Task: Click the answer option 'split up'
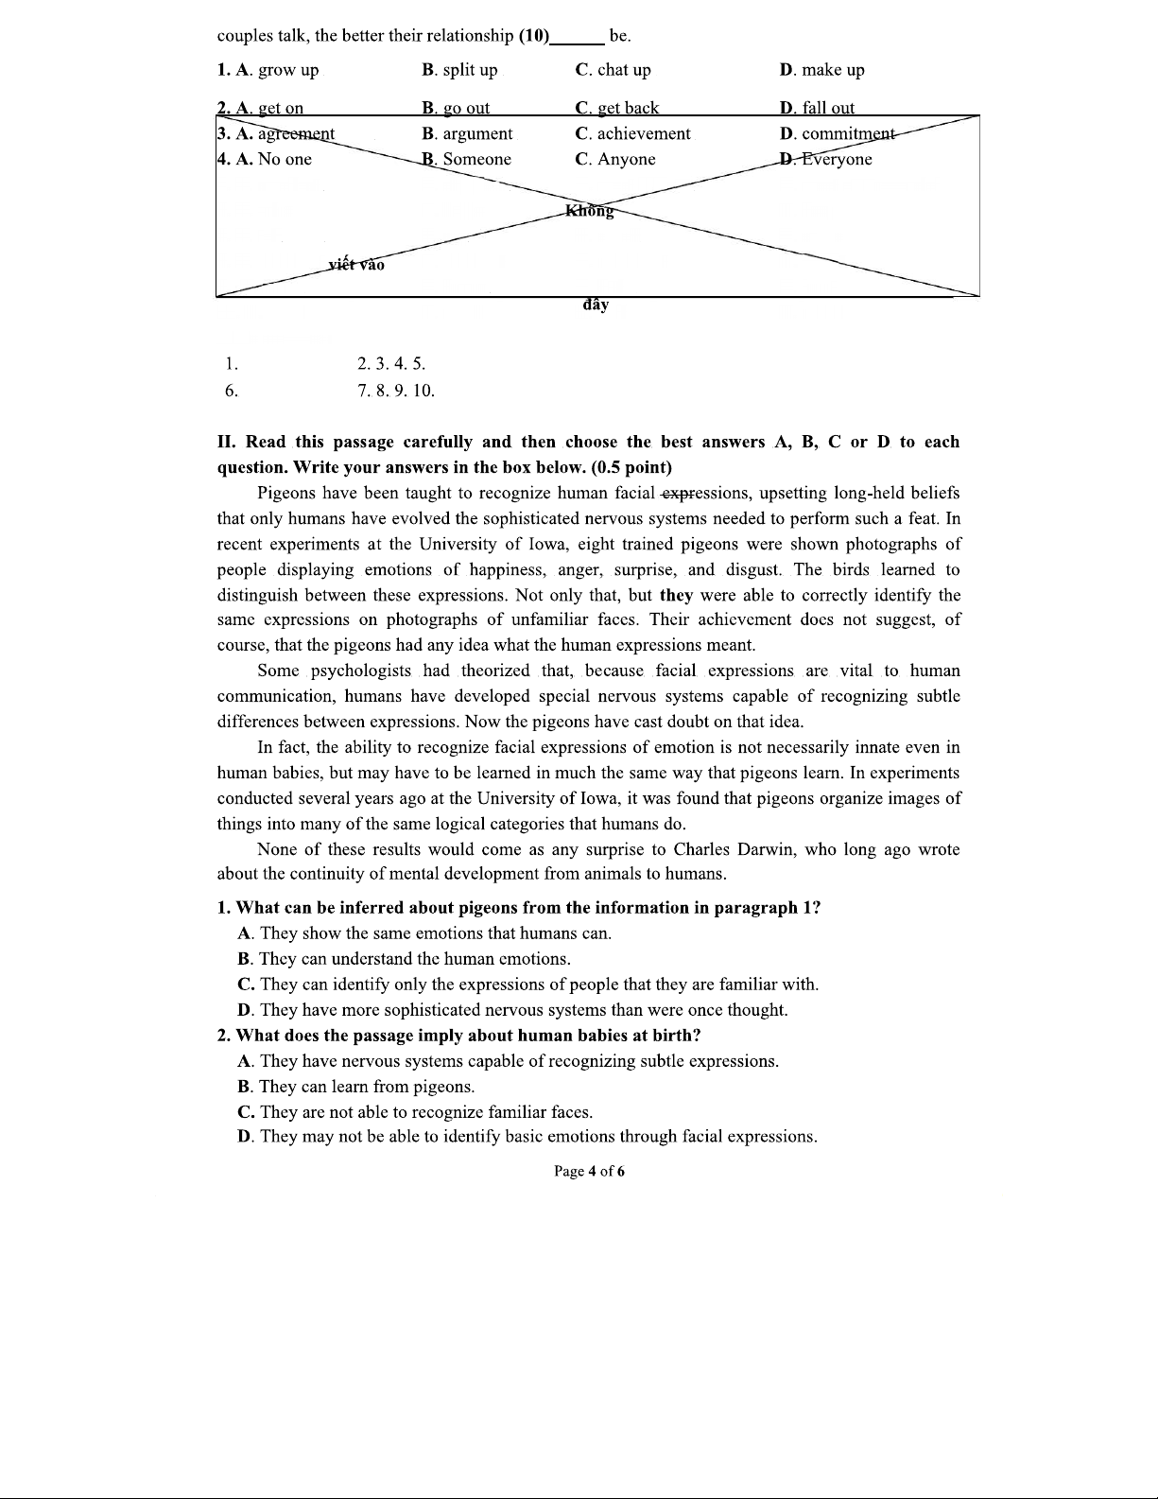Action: [x=470, y=70]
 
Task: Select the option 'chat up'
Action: [x=624, y=70]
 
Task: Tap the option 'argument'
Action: [x=477, y=134]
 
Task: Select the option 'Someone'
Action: [x=476, y=160]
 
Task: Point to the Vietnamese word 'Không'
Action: [x=589, y=211]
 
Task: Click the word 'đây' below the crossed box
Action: [x=596, y=305]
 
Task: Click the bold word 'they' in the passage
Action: [x=676, y=596]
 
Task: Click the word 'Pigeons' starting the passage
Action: [x=286, y=494]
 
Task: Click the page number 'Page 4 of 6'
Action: [x=589, y=1172]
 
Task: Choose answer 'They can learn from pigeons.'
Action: [x=367, y=1087]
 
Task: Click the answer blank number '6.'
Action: [x=232, y=391]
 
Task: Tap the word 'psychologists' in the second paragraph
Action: [x=361, y=671]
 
